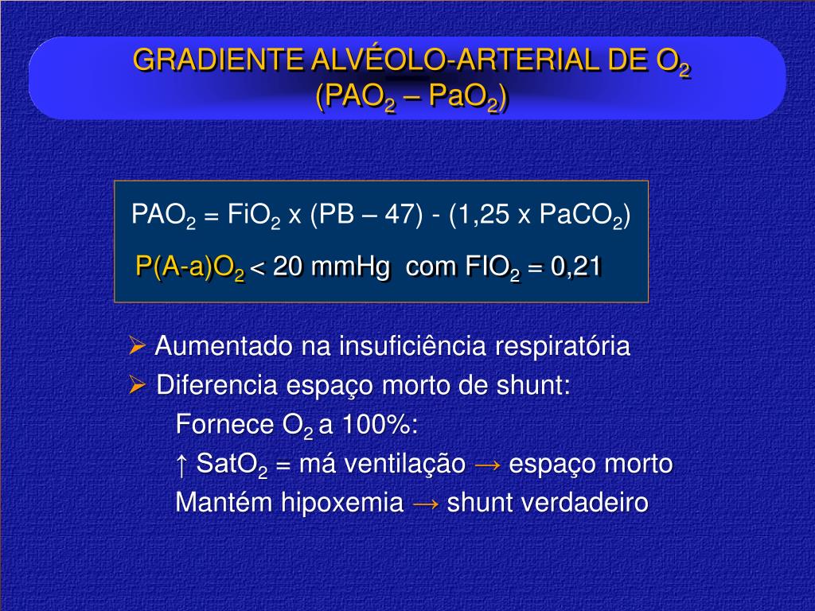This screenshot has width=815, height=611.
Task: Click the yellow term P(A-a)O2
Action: pos(190,267)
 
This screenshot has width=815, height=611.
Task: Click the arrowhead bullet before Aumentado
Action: pos(137,346)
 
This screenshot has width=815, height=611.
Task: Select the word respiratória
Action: pos(563,347)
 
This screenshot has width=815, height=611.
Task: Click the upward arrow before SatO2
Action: pos(181,463)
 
